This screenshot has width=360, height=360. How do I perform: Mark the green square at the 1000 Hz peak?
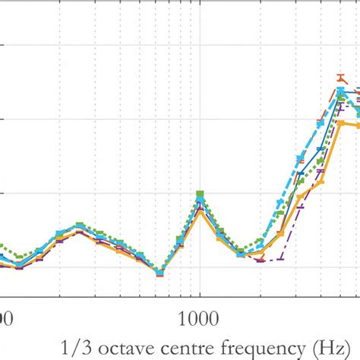tap(200, 194)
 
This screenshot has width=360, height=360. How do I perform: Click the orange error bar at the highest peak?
tap(342, 77)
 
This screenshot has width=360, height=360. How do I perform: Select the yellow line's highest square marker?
tap(341, 122)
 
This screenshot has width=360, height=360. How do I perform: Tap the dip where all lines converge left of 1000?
tap(159, 273)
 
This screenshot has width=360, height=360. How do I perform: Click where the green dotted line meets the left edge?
tap(2, 247)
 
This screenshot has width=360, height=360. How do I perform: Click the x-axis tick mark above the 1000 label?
tap(200, 294)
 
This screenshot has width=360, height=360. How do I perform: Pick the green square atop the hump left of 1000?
tap(79, 226)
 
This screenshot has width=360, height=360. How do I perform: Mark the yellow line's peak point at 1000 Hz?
tap(200, 215)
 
